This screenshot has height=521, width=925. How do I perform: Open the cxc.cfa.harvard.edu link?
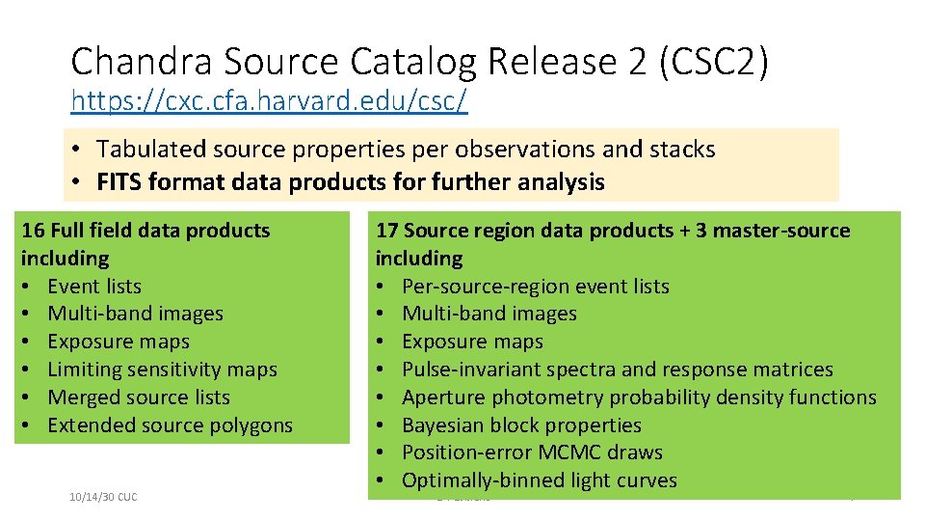pyautogui.click(x=269, y=100)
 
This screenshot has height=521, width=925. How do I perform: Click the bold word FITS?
pyautogui.click(x=121, y=182)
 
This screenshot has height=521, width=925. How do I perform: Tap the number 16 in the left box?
pyautogui.click(x=32, y=231)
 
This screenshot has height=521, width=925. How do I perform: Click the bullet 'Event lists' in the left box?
pyautogui.click(x=93, y=287)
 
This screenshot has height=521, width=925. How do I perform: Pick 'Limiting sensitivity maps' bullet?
pyautogui.click(x=162, y=370)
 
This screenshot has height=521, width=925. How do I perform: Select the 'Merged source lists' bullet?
pyautogui.click(x=139, y=398)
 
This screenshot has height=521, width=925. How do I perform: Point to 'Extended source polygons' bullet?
pyautogui.click(x=170, y=425)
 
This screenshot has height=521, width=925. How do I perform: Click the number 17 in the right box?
pyautogui.click(x=386, y=231)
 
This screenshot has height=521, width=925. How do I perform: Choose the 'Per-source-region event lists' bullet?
pyautogui.click(x=535, y=287)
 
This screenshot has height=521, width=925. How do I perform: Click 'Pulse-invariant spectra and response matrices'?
pyautogui.click(x=617, y=370)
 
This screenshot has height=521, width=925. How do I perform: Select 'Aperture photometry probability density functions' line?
pyautogui.click(x=639, y=398)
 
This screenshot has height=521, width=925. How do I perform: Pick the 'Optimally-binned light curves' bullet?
pyautogui.click(x=539, y=480)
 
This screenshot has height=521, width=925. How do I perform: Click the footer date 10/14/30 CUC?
pyautogui.click(x=103, y=497)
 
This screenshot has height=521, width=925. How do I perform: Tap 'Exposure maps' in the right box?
pyautogui.click(x=472, y=342)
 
